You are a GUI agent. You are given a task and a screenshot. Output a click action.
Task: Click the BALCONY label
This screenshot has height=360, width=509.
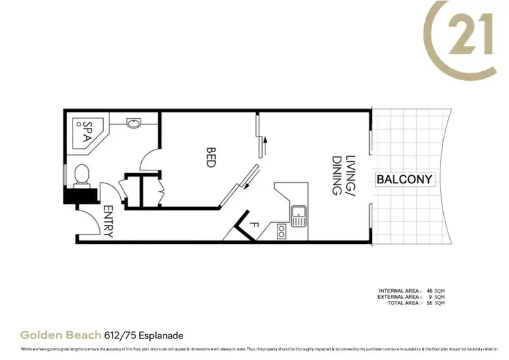click(404, 180)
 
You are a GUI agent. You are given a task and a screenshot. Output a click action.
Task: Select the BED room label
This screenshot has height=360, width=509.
click(210, 158)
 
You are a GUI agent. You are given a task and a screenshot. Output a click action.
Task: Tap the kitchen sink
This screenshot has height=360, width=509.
click(299, 217)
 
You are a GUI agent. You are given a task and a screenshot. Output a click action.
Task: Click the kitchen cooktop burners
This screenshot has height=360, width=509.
click(281, 232)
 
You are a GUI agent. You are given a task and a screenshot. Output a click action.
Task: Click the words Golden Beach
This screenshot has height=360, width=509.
click(60, 335)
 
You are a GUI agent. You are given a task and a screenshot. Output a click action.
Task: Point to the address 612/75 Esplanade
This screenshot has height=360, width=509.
click(145, 335)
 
